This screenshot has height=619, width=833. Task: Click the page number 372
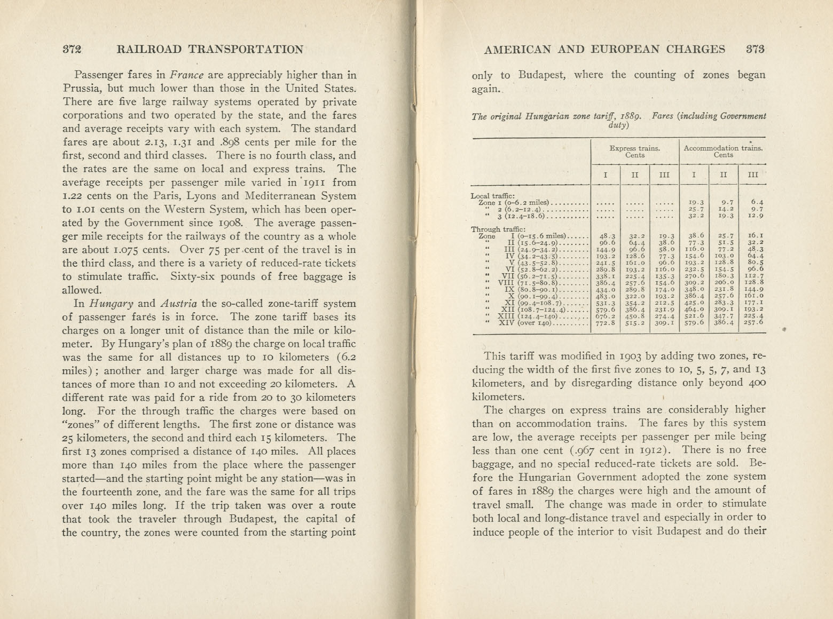[72, 50]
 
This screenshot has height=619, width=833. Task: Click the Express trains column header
[634, 152]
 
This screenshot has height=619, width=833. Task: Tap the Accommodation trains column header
[724, 152]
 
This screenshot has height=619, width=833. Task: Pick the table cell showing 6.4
[757, 202]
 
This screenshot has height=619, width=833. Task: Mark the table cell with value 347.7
[724, 316]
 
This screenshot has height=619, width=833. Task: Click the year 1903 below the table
[634, 356]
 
